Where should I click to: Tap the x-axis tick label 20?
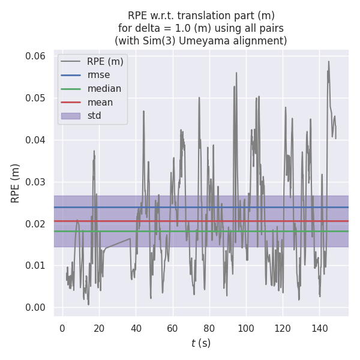[99, 328]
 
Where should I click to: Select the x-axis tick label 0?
[62, 328]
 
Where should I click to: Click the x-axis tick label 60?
[172, 328]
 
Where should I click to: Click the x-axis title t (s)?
[201, 343]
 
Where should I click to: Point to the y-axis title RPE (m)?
[16, 182]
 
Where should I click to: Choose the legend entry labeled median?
[104, 89]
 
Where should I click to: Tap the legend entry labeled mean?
[100, 102]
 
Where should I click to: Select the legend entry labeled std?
[95, 116]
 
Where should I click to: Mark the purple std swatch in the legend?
[70, 116]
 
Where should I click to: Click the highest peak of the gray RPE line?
[328, 61]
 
